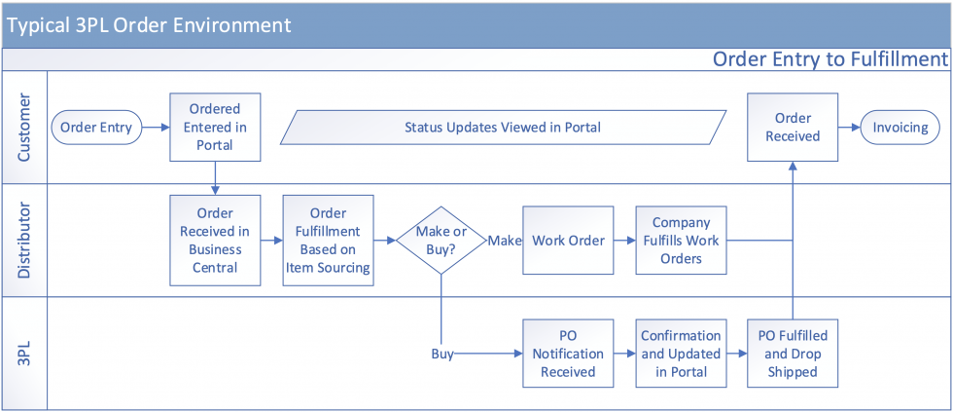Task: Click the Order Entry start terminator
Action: tap(96, 128)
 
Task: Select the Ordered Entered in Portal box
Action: tap(215, 128)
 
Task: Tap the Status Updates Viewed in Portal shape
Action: tap(503, 128)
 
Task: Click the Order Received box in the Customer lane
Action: tap(793, 128)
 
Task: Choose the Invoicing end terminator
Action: tap(900, 128)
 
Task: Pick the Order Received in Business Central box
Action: tap(215, 241)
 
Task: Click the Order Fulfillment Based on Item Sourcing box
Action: tap(329, 241)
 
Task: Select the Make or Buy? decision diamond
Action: tap(441, 241)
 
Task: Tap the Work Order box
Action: tap(568, 241)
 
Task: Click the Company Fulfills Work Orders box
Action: tap(681, 241)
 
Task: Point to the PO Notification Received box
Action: tap(568, 354)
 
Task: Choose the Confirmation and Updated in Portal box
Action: tap(681, 354)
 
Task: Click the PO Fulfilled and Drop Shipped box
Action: tap(793, 354)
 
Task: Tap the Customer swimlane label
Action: tap(24, 128)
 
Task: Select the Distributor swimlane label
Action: tap(24, 241)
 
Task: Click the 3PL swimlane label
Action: tap(24, 354)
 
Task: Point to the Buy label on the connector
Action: tap(442, 354)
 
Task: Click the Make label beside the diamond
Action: tap(505, 241)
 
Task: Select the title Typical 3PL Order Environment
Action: tap(149, 24)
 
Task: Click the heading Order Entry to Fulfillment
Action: tap(829, 59)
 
